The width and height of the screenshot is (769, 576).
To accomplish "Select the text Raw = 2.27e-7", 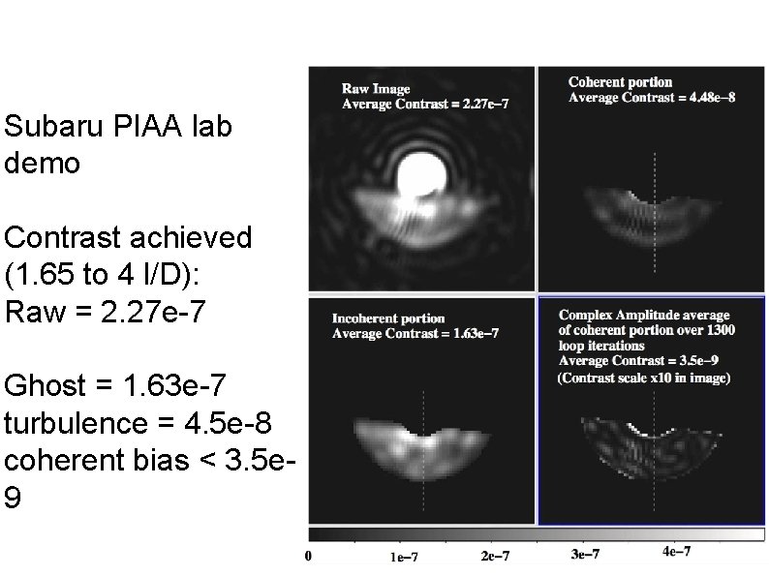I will (x=105, y=314).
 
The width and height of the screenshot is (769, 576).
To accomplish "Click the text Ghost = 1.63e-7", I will (x=117, y=387).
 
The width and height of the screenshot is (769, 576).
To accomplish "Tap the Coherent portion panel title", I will (x=620, y=82).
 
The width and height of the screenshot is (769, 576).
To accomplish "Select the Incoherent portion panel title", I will (x=388, y=318).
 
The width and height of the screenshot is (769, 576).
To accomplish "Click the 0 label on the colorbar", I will (x=308, y=557).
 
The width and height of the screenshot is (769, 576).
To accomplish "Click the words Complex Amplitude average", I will (x=644, y=315).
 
